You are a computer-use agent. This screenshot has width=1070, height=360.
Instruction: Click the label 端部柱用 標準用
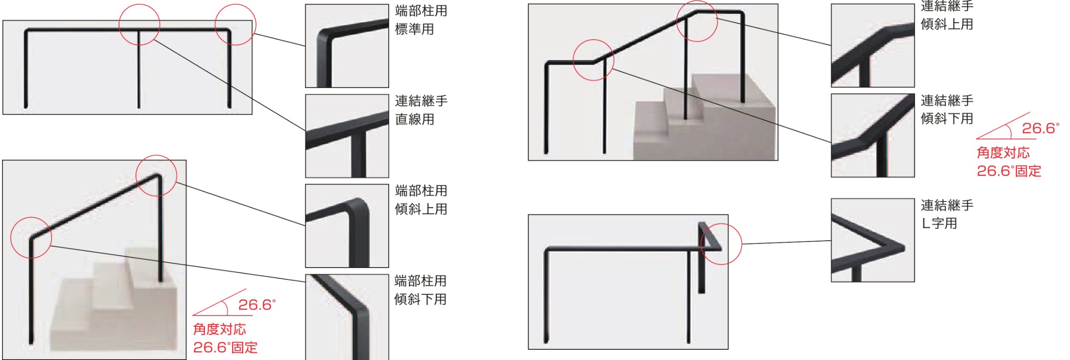421,20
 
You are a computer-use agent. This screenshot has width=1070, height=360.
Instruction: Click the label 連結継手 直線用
421,110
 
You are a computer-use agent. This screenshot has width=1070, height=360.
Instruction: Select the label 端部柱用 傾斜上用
421,200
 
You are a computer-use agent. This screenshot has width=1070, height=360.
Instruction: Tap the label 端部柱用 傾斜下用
420,290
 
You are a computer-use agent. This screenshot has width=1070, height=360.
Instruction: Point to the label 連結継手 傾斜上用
947,15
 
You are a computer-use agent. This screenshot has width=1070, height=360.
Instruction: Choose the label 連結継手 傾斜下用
947,109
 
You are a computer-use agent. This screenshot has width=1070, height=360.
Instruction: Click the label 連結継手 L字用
947,214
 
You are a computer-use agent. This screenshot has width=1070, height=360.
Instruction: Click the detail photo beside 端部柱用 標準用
347,46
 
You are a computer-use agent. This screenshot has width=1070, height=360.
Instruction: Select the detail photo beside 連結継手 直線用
347,136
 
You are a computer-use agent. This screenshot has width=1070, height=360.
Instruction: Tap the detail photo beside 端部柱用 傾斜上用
347,226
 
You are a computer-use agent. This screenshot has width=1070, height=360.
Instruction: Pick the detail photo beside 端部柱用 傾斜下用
347,317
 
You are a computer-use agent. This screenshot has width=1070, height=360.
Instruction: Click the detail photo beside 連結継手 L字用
872,240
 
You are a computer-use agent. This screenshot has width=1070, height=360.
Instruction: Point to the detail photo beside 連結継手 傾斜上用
872,45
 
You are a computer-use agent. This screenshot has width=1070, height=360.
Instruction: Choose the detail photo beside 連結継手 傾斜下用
872,135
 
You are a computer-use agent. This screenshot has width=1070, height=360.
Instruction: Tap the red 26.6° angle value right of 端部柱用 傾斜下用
257,305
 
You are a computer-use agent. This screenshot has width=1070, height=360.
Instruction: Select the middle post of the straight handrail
139,69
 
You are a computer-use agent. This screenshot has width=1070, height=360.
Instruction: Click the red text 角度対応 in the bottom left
219,329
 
